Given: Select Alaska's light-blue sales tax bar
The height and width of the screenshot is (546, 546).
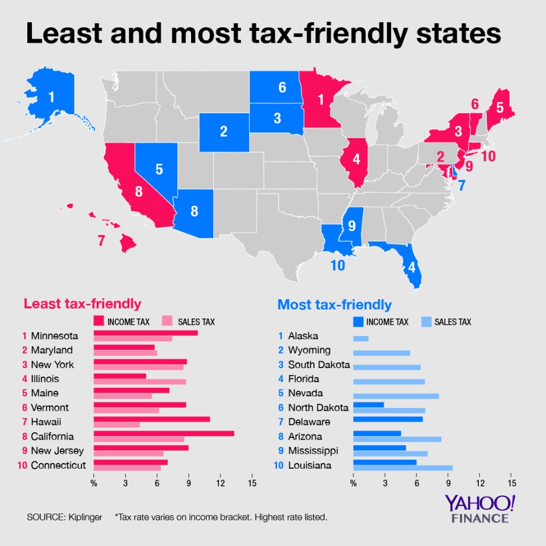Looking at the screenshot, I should pyautogui.click(x=361, y=339).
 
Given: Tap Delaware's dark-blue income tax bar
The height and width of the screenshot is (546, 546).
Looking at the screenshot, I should pyautogui.click(x=387, y=419).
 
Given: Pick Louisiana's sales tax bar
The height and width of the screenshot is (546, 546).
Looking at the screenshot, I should pyautogui.click(x=403, y=468).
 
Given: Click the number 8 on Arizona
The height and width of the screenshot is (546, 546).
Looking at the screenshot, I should pyautogui.click(x=194, y=212).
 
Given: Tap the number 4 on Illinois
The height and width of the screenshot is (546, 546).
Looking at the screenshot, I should pyautogui.click(x=356, y=160).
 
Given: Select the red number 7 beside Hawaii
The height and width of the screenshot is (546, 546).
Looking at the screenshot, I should pyautogui.click(x=101, y=241).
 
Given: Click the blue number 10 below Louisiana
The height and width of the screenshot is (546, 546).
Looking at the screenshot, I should pyautogui.click(x=337, y=266).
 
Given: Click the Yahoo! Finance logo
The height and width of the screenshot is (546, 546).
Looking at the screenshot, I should pyautogui.click(x=480, y=508).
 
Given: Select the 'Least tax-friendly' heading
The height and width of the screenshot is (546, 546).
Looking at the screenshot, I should pyautogui.click(x=82, y=304).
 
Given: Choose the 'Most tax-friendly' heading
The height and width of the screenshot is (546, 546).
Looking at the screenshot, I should pyautogui.click(x=334, y=305).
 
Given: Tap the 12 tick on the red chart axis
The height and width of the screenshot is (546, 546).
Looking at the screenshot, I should pyautogui.click(x=220, y=483).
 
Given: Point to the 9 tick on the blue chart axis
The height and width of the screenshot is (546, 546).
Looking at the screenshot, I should pyautogui.click(x=448, y=483).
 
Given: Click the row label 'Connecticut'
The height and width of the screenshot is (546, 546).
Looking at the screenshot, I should pyautogui.click(x=58, y=465).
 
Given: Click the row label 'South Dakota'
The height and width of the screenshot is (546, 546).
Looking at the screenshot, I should pyautogui.click(x=318, y=365).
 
